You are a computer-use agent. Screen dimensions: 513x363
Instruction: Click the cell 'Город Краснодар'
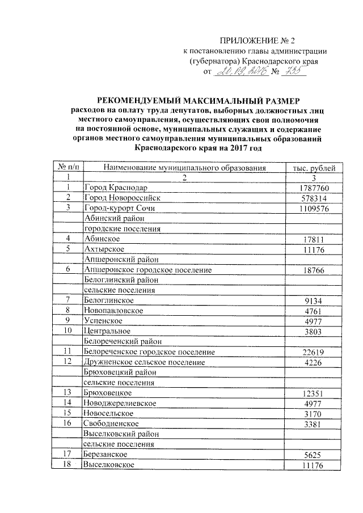click(116, 188)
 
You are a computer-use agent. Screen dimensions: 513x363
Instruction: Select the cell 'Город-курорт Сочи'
click(119, 208)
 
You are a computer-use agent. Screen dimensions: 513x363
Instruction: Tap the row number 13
click(67, 392)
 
